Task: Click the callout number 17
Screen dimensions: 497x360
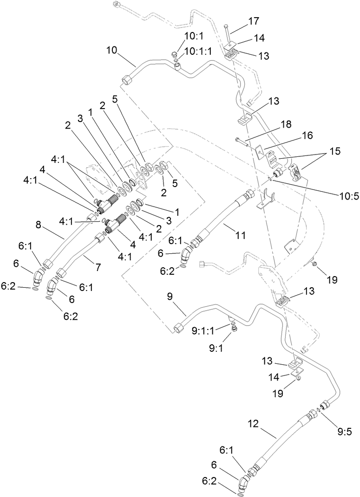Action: (x=253, y=21)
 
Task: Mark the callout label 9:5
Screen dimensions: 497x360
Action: (x=344, y=432)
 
